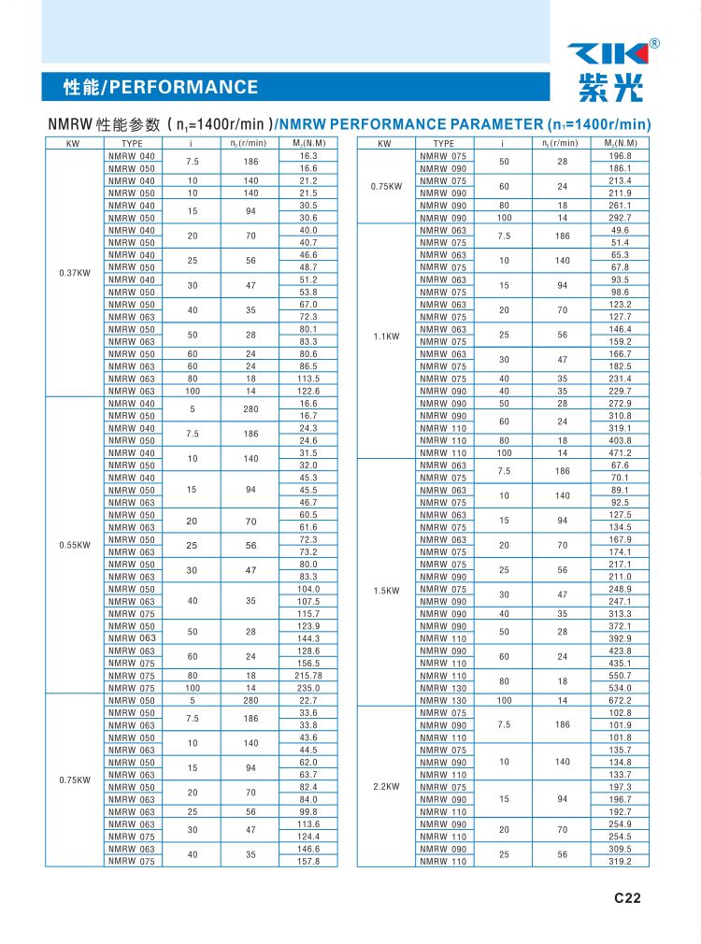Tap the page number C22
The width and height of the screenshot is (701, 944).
[627, 899]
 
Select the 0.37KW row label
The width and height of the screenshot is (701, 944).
[75, 273]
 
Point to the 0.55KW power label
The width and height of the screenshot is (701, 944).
[75, 545]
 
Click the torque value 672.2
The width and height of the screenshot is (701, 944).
[621, 700]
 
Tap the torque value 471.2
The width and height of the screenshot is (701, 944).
[621, 452]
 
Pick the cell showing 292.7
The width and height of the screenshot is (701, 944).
[621, 218]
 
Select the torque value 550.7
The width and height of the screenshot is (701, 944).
[621, 675]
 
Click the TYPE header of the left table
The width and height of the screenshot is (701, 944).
[132, 143]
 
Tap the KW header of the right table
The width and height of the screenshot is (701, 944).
[385, 143]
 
